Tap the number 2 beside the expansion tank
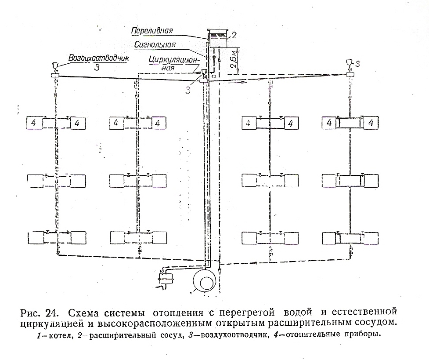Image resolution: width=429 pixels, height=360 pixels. (234, 33)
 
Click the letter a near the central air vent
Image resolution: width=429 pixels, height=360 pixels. (213, 76)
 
